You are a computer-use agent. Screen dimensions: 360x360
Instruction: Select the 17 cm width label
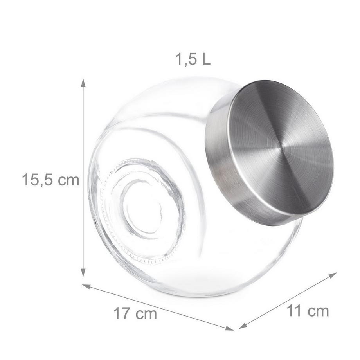click(x=135, y=313)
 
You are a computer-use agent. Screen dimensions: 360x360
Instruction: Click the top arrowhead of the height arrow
click(x=83, y=82)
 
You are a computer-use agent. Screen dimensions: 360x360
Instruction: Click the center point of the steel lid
click(x=279, y=146)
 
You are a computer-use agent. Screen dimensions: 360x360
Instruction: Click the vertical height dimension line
click(x=83, y=176)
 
